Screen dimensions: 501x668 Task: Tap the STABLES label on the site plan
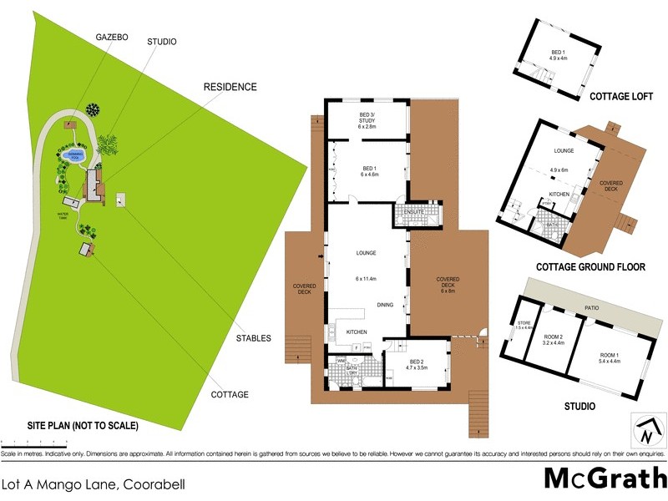click(x=254, y=338)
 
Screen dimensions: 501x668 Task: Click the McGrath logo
click(x=604, y=478)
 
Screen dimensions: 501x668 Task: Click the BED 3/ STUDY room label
click(x=367, y=123)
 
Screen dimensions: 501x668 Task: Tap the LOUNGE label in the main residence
click(x=366, y=253)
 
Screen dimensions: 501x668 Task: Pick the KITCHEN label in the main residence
click(x=357, y=332)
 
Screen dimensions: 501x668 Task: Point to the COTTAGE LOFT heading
click(x=621, y=96)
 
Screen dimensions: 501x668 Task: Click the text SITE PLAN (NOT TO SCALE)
click(x=70, y=425)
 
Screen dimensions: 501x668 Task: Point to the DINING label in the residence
click(x=385, y=305)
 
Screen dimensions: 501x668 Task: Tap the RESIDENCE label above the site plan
click(x=230, y=87)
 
